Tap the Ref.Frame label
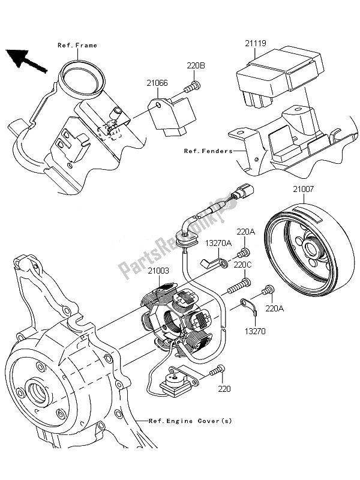click(x=77, y=46)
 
